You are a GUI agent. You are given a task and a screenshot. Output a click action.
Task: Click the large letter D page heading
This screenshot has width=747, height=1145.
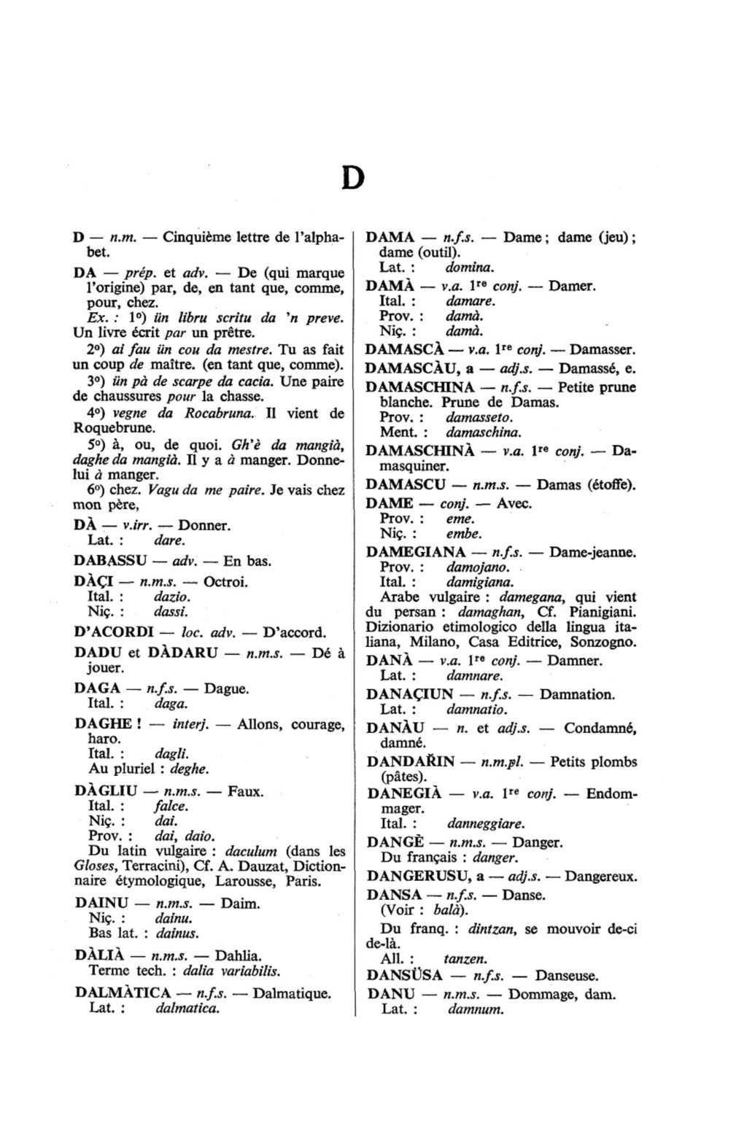352,177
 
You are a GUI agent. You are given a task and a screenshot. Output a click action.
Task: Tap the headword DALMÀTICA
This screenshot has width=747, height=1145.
123,993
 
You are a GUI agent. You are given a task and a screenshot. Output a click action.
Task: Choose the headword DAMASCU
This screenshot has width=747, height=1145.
404,484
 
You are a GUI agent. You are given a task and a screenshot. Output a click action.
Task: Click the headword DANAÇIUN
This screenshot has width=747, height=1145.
409,694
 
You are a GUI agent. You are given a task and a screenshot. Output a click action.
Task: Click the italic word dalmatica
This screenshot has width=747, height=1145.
187,1009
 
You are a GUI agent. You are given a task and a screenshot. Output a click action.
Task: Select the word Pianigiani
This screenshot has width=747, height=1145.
598,612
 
